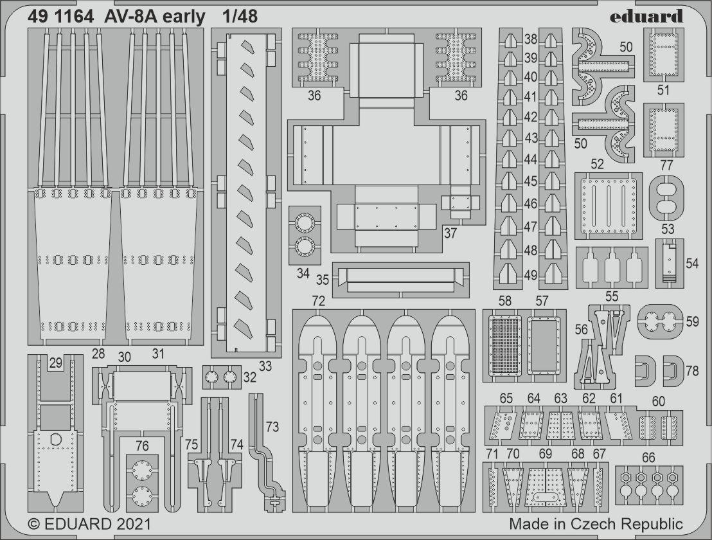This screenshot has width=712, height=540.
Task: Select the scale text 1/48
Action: pyautogui.click(x=237, y=17)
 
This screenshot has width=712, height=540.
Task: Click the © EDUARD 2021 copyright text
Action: pyautogui.click(x=89, y=524)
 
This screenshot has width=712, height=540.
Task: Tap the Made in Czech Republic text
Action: pyautogui.click(x=596, y=524)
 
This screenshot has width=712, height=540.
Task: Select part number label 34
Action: pyautogui.click(x=303, y=273)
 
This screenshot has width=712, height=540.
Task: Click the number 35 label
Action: pyautogui.click(x=323, y=280)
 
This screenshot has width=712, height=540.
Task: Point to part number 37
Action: pyautogui.click(x=450, y=233)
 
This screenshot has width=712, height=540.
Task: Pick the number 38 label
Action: pyautogui.click(x=530, y=39)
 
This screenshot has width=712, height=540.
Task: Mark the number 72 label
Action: pyautogui.click(x=318, y=301)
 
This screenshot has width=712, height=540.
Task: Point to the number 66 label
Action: pyautogui.click(x=648, y=458)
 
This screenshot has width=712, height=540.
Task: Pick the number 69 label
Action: pyautogui.click(x=545, y=454)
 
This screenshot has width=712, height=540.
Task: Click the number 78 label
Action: pyautogui.click(x=692, y=371)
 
